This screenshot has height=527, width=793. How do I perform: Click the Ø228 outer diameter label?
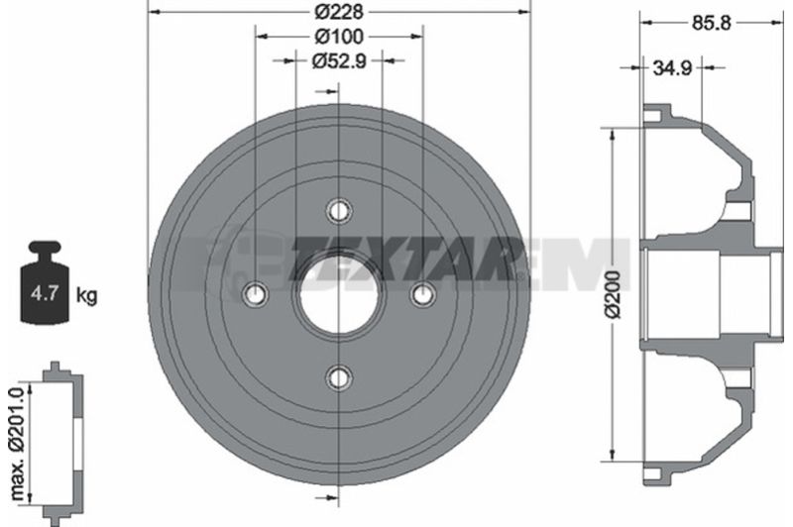coord(339,12)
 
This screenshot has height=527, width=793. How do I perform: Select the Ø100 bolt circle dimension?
coord(339,37)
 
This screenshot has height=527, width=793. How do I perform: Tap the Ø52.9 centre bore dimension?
coord(339,60)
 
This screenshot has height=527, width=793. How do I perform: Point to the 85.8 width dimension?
coord(711,23)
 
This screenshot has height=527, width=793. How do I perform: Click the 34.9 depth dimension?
coord(672,67)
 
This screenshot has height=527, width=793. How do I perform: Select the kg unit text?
coord(86,294)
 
